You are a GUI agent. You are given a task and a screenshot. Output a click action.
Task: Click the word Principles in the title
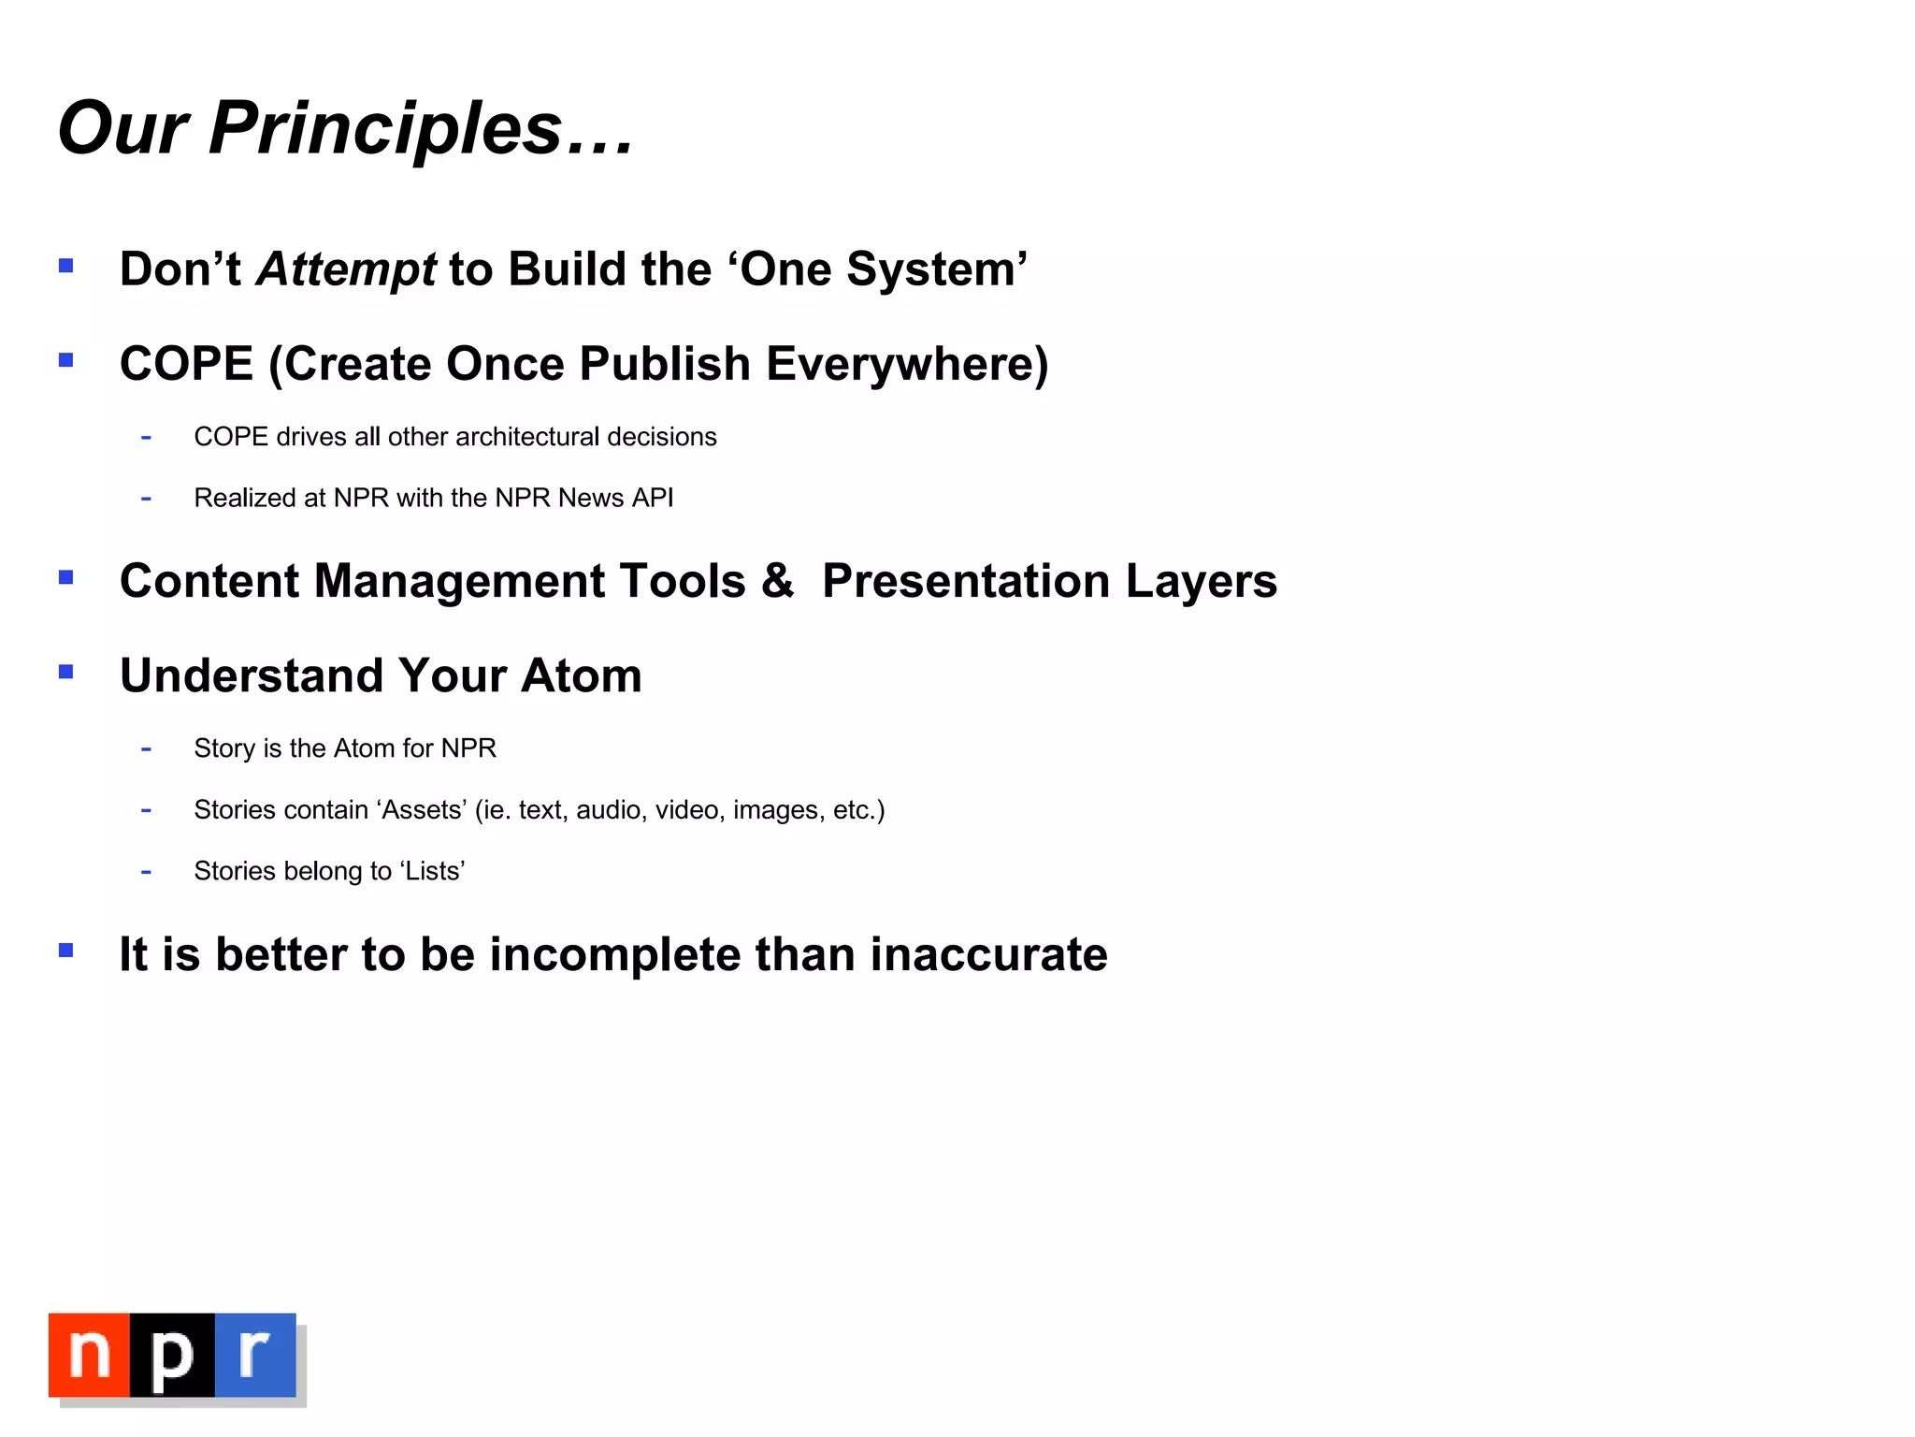(385, 128)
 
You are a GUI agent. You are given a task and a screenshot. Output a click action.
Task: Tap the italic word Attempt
(346, 270)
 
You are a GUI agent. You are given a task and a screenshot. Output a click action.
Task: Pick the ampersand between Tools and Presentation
(777, 581)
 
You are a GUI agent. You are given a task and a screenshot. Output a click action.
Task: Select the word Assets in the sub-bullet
(423, 810)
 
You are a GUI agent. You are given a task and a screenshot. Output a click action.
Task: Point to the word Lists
(433, 871)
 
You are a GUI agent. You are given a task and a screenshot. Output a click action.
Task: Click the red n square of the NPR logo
(90, 1355)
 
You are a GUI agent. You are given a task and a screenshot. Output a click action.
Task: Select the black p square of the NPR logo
(172, 1355)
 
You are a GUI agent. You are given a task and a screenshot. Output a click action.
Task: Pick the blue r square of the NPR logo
(255, 1355)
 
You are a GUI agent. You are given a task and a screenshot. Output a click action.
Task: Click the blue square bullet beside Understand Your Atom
(65, 672)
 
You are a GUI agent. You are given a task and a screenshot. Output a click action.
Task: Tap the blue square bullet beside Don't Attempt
(65, 266)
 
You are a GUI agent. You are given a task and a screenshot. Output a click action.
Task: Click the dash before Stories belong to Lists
(146, 873)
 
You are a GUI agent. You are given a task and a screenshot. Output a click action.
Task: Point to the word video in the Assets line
(687, 810)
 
